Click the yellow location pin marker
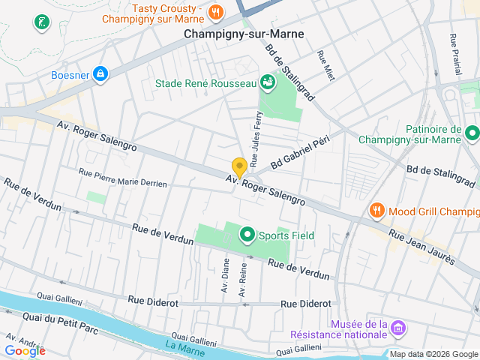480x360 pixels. point(239,168)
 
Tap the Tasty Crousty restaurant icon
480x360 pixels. point(216,11)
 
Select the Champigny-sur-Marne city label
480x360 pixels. point(234,34)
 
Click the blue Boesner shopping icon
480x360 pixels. point(100,73)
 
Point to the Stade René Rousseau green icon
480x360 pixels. point(267,82)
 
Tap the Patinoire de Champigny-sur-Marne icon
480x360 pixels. point(472,134)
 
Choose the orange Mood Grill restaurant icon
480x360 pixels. point(377,211)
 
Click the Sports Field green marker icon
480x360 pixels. point(247,236)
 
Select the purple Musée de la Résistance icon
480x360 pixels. point(399,328)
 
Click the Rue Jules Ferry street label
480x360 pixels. point(256,137)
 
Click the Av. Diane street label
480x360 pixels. point(225,275)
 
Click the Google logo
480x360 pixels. point(25,350)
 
